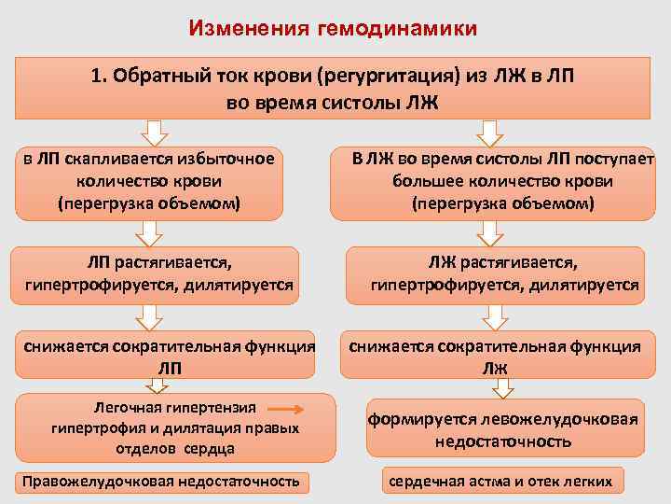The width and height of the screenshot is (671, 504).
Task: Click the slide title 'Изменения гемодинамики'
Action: pos(333,28)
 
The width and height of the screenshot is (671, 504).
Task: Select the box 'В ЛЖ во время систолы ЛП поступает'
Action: pos(503,181)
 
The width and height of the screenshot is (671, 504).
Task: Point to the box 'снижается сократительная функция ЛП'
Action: pos(168,357)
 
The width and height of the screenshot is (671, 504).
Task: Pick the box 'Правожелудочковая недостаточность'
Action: pos(163,482)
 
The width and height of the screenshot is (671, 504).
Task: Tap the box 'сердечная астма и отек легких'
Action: pos(500,482)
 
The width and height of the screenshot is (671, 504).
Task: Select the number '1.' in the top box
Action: pos(101,76)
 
